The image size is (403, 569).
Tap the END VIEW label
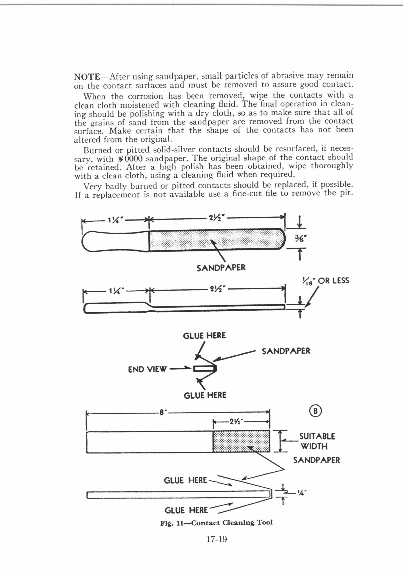pyautogui.click(x=147, y=369)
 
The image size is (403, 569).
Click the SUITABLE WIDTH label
pyautogui.click(x=317, y=441)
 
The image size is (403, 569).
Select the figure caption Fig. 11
pyautogui.click(x=216, y=523)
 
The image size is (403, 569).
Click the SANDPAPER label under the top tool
pyautogui.click(x=221, y=268)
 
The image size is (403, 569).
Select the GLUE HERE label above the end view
pyautogui.click(x=204, y=336)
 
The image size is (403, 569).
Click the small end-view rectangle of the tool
pyautogui.click(x=204, y=369)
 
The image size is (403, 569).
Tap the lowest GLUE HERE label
pyautogui.click(x=186, y=510)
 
